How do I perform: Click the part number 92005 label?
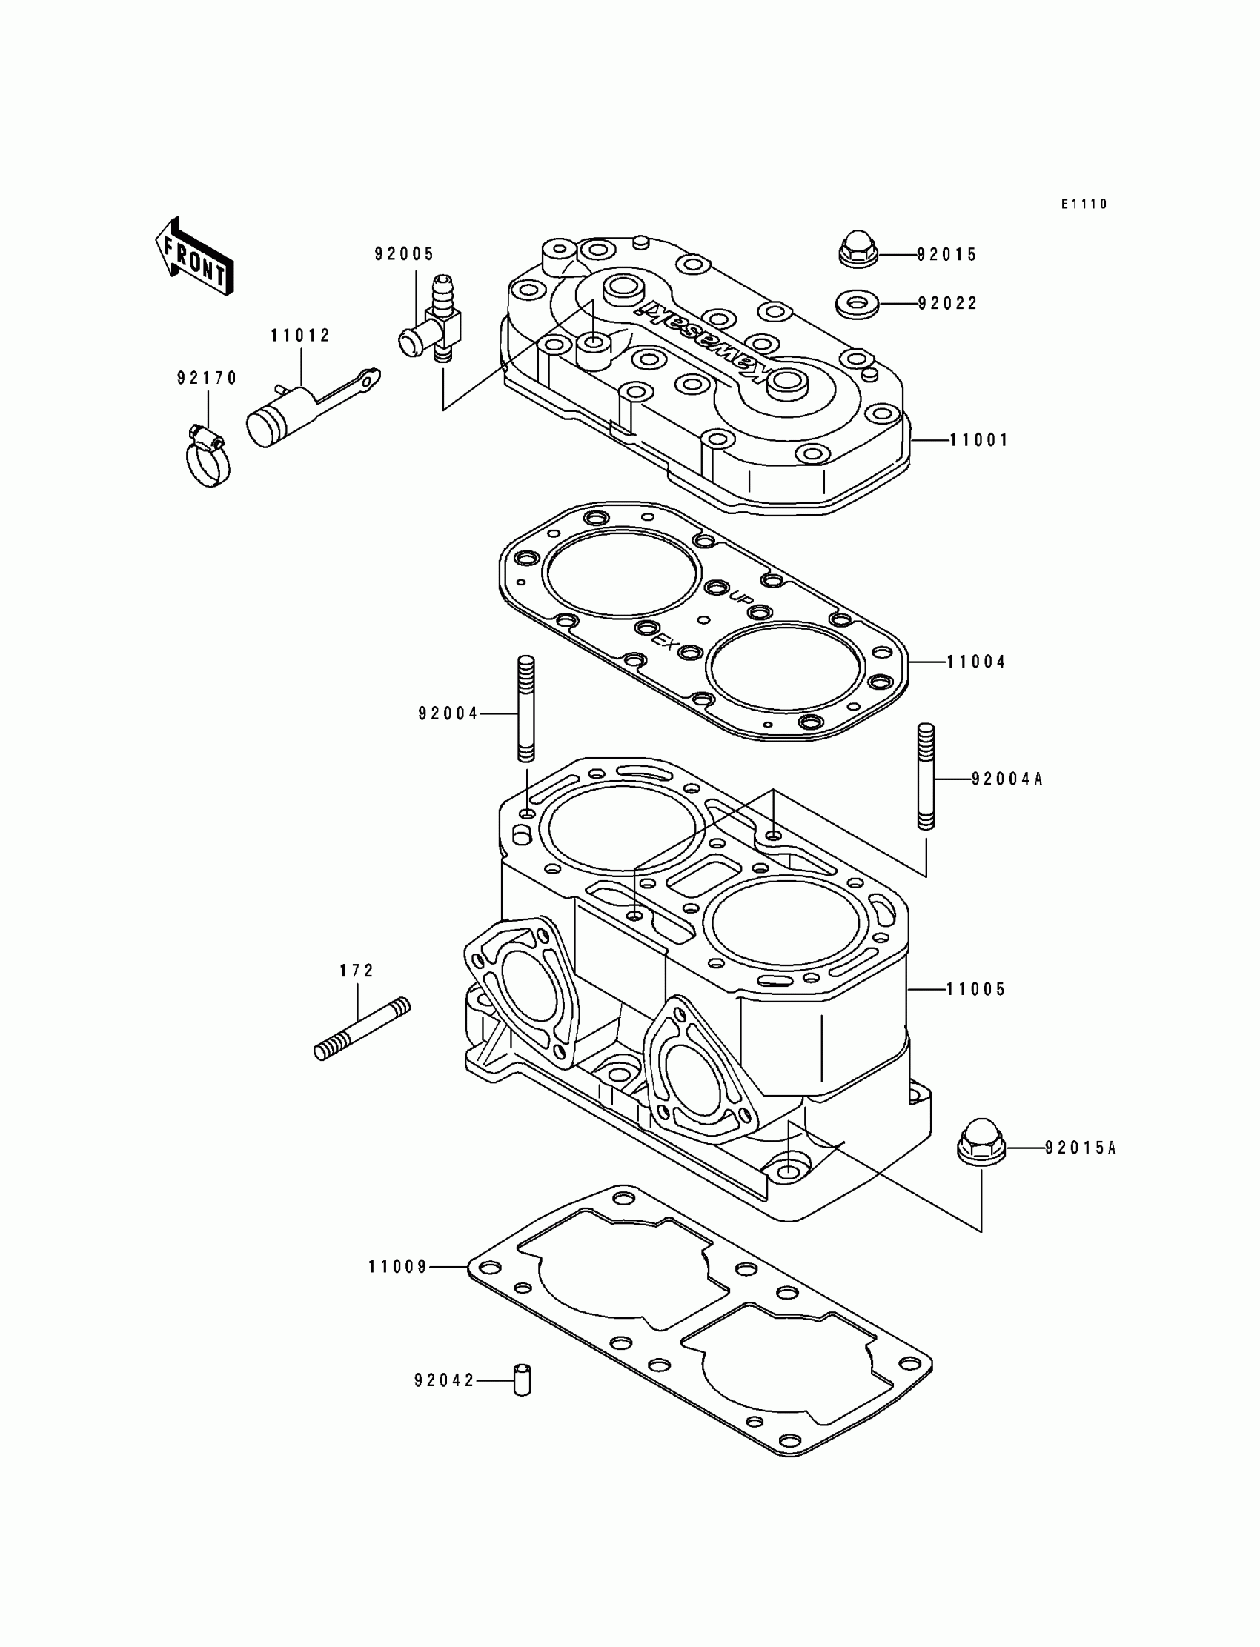click(x=404, y=254)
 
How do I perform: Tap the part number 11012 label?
click(x=301, y=336)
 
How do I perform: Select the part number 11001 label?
click(x=979, y=440)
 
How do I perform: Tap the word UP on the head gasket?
click(x=742, y=597)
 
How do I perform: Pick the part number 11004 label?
click(x=977, y=662)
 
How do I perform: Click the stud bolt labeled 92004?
click(x=525, y=709)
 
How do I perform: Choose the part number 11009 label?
click(x=397, y=1267)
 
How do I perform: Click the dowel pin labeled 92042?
click(x=522, y=1380)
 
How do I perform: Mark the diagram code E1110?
click(x=1084, y=204)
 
